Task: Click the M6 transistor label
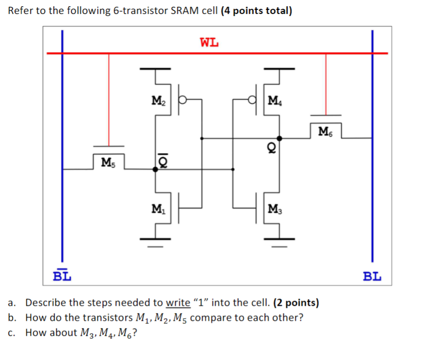(326, 131)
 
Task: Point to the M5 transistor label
(109, 163)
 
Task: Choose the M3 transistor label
(275, 209)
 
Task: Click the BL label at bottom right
(372, 276)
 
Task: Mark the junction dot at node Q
(280, 138)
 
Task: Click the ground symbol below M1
(156, 239)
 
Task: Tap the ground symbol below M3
(280, 239)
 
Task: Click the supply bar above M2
(156, 68)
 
